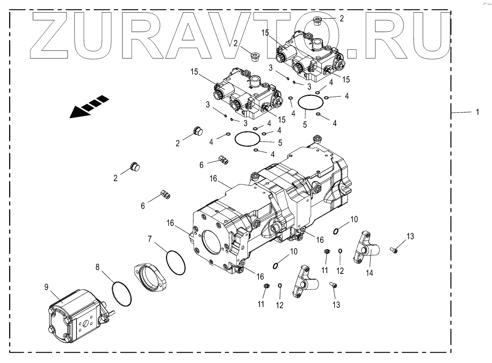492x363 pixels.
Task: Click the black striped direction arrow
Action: (89, 107)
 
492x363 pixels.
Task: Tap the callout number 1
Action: (477, 113)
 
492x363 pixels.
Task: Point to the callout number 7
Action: (150, 239)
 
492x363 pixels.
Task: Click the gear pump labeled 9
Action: (76, 314)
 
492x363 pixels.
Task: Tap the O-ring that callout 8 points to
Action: (122, 294)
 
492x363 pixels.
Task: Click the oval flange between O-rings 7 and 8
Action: (150, 278)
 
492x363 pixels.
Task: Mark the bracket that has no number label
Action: (306, 282)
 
